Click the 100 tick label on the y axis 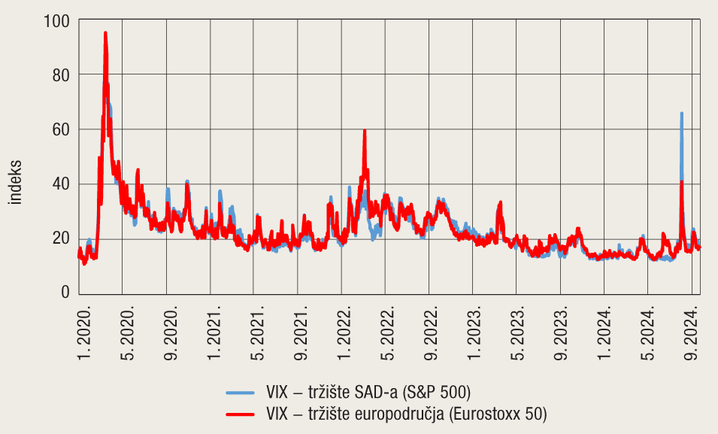[57, 20]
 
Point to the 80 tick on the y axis [61, 74]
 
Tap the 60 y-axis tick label [61, 129]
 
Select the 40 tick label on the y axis [61, 184]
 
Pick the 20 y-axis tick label [61, 238]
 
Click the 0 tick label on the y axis [65, 292]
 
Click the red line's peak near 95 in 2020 [105, 33]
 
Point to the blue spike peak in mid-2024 [681, 113]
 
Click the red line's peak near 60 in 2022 [365, 131]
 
